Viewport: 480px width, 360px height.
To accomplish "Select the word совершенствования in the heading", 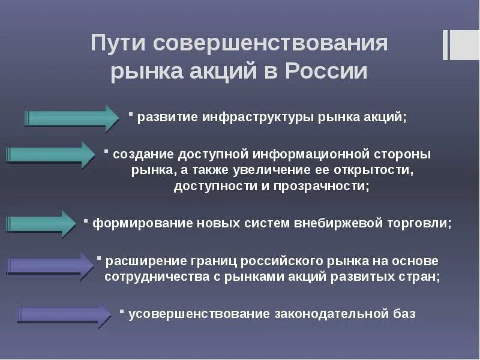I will point(270,44).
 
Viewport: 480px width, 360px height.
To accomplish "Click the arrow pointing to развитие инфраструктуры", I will point(72,118).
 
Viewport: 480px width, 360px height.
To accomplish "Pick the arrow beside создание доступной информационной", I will point(51,155).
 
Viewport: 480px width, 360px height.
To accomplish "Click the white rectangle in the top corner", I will point(464,45).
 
